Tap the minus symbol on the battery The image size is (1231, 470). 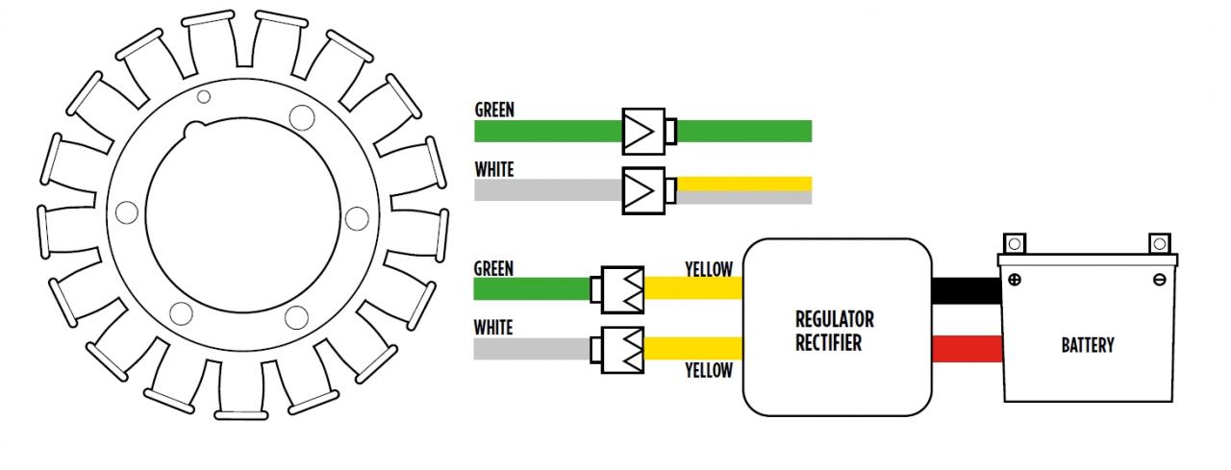pyautogui.click(x=1159, y=280)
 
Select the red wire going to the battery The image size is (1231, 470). pyautogui.click(x=967, y=350)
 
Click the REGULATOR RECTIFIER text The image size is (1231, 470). pyautogui.click(x=834, y=331)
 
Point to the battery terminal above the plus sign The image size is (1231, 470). pyautogui.click(x=1015, y=242)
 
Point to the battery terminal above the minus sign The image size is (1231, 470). pyautogui.click(x=1159, y=242)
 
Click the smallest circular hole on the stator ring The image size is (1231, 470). pyautogui.click(x=204, y=96)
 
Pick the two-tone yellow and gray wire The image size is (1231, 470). pyautogui.click(x=744, y=190)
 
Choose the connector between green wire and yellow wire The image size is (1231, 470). pyautogui.click(x=621, y=289)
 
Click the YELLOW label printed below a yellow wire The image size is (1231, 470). pyautogui.click(x=709, y=370)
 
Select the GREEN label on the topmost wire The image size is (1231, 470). pyautogui.click(x=494, y=110)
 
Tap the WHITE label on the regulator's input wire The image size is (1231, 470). pyautogui.click(x=493, y=328)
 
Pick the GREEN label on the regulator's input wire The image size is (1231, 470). pyautogui.click(x=493, y=268)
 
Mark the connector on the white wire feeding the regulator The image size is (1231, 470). pyautogui.click(x=621, y=349)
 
